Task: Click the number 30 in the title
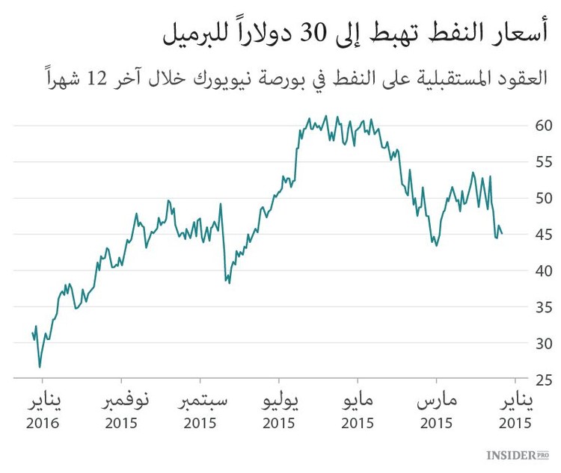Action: pos(316,32)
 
